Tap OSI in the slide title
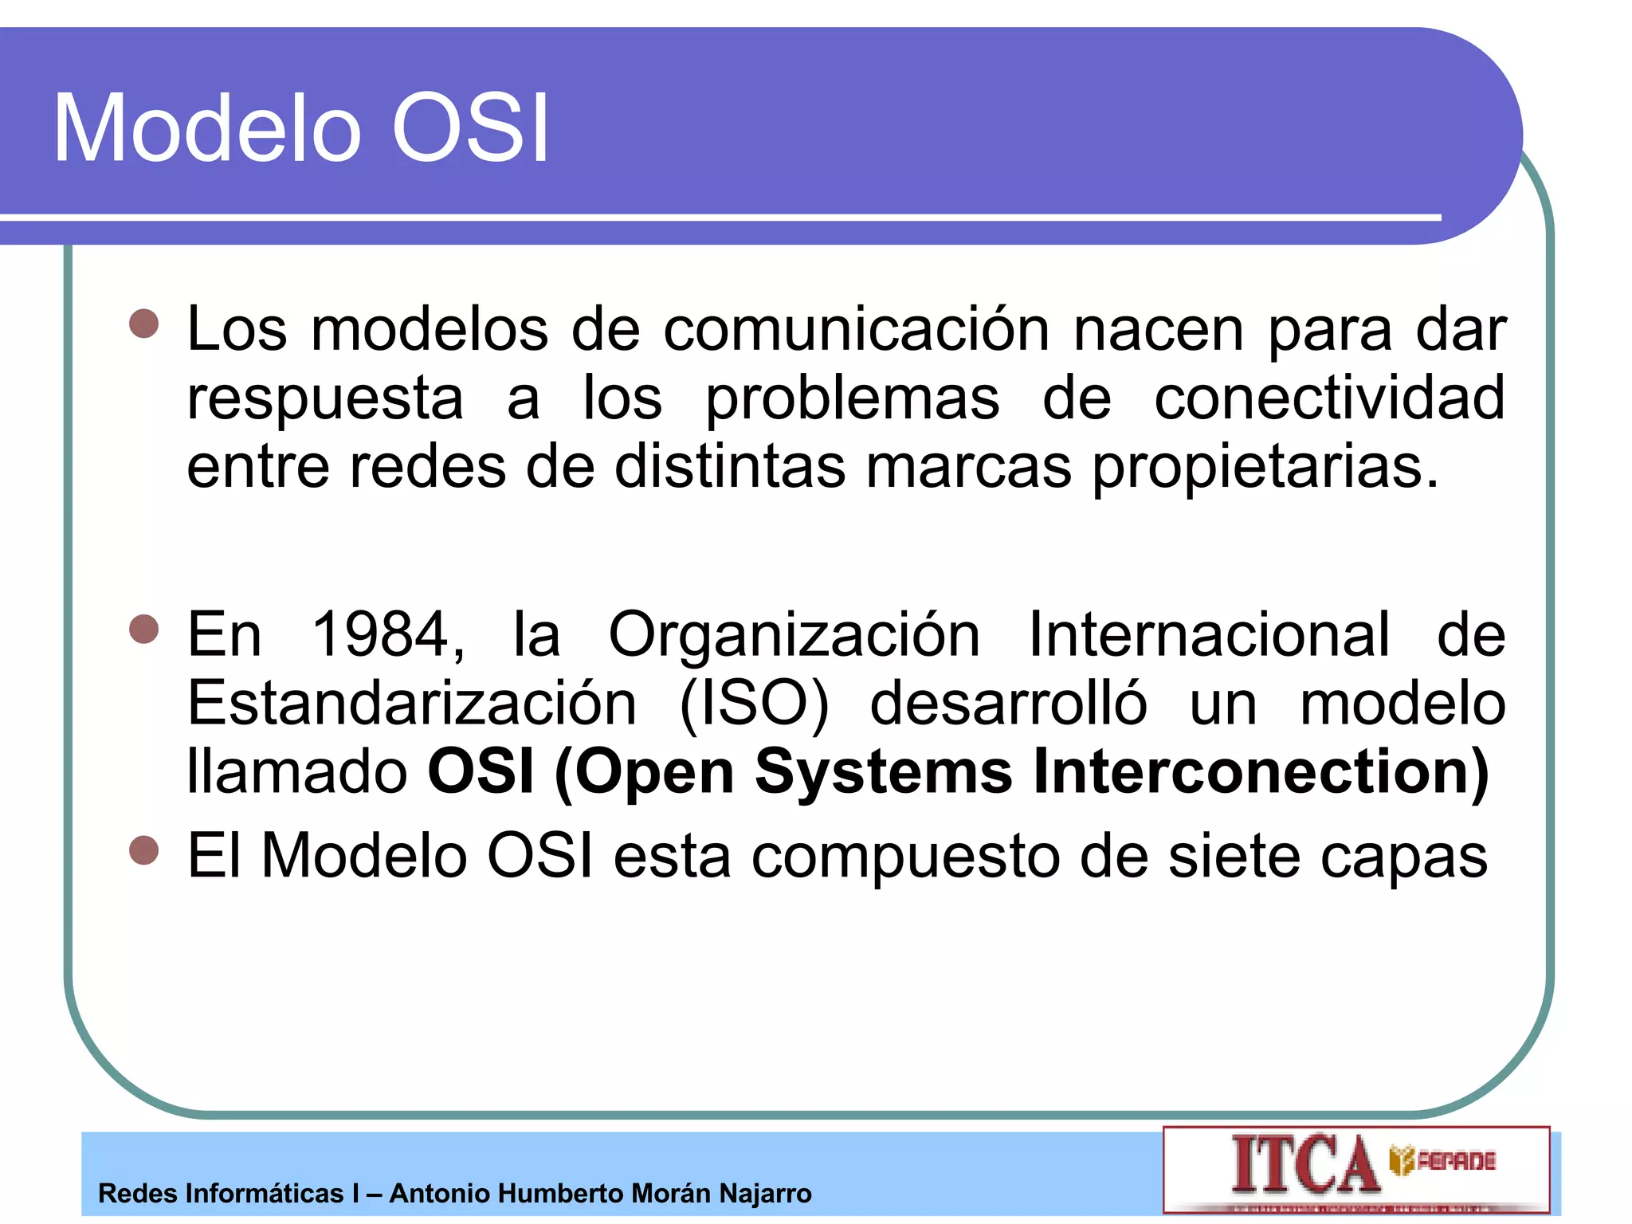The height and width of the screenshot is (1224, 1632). [x=470, y=129]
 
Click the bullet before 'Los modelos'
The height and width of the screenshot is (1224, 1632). [x=144, y=324]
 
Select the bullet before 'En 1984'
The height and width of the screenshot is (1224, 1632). [x=144, y=629]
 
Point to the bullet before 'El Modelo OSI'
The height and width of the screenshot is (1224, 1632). [x=144, y=850]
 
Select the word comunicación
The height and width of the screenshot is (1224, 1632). [x=857, y=329]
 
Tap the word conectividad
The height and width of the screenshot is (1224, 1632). [x=1329, y=398]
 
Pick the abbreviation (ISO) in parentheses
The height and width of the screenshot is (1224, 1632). [x=754, y=704]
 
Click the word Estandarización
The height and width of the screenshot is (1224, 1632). [x=411, y=704]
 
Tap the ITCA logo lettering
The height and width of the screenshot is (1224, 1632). [x=1304, y=1165]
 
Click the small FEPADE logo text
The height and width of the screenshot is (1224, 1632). [x=1455, y=1161]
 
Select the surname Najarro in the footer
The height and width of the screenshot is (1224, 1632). [x=765, y=1194]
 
